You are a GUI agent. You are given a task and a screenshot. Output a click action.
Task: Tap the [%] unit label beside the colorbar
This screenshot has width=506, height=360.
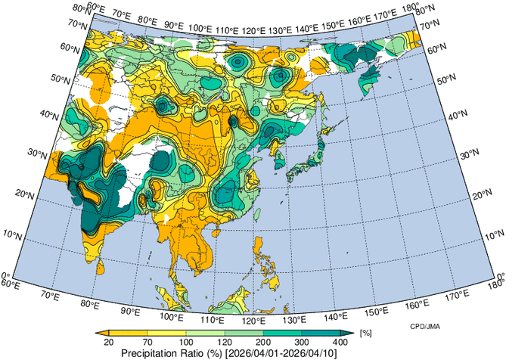click(x=365, y=333)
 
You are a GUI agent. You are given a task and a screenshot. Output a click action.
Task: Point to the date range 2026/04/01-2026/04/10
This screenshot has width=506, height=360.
click(x=285, y=352)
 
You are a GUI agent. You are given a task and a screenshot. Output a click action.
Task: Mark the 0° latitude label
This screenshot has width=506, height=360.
click(x=5, y=276)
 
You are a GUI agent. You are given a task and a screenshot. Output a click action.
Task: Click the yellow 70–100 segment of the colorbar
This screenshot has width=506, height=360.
click(x=167, y=332)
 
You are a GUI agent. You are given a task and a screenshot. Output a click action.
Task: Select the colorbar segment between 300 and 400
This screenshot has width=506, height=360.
click(x=322, y=332)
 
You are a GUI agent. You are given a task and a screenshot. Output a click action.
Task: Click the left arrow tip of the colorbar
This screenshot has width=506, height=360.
click(x=99, y=332)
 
